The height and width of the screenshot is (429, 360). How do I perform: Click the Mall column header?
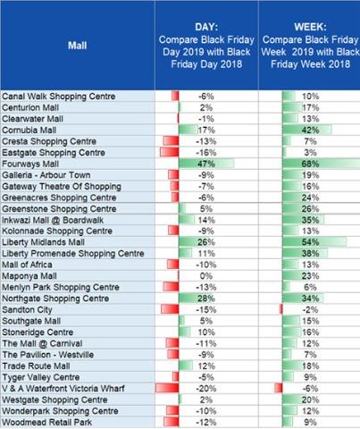[77, 46]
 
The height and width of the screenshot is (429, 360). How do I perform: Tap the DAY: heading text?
[206, 27]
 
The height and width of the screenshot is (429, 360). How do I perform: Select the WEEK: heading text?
[310, 27]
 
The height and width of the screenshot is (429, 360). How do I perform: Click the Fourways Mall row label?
[30, 164]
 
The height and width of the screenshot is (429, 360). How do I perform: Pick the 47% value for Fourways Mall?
[206, 164]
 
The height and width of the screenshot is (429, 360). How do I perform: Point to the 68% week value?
[310, 164]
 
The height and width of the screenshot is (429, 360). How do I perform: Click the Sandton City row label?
[27, 310]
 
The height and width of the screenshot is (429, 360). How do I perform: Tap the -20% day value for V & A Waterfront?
[206, 389]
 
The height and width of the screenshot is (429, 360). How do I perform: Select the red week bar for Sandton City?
[281, 309]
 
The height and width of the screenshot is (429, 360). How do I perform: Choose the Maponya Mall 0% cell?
[206, 276]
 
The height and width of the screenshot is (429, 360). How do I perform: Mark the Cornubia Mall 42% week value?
[310, 130]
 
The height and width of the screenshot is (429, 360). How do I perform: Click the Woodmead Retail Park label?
[47, 423]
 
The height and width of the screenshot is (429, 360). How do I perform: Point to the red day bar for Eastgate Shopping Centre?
[170, 152]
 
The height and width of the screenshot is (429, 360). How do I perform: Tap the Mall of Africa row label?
[27, 265]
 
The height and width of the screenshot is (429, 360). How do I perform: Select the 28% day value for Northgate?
[206, 299]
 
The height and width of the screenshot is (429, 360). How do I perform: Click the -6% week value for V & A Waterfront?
[310, 389]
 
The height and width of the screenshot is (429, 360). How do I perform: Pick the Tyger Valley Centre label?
[41, 377]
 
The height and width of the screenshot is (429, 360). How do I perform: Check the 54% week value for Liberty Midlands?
[310, 242]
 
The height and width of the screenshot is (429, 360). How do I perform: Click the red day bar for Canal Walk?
[175, 96]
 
